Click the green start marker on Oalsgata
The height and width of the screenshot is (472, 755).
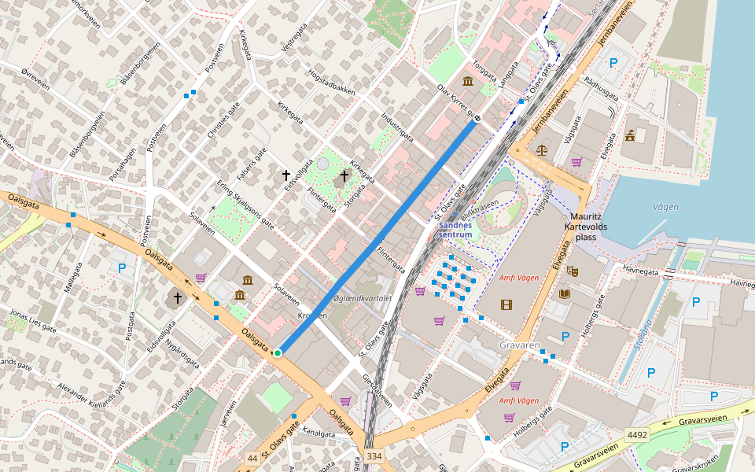pyautogui.click(x=278, y=353)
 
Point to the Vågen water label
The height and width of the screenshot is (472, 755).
pyautogui.click(x=665, y=207)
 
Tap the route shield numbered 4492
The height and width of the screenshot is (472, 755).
pyautogui.click(x=637, y=434)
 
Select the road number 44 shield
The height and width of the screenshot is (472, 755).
pyautogui.click(x=252, y=458)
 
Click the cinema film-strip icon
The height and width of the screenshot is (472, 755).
pyautogui.click(x=506, y=304)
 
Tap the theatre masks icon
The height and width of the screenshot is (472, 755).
pyautogui.click(x=573, y=271)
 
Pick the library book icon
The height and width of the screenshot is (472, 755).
pyautogui.click(x=565, y=293)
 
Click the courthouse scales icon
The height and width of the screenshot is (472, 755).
pyautogui.click(x=541, y=149)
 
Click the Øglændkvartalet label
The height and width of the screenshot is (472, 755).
pyautogui.click(x=363, y=298)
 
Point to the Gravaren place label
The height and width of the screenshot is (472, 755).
pyautogui.click(x=520, y=345)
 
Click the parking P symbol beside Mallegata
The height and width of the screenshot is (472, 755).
pyautogui.click(x=122, y=268)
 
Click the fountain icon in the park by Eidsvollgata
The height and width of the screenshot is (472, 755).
pyautogui.click(x=322, y=163)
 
